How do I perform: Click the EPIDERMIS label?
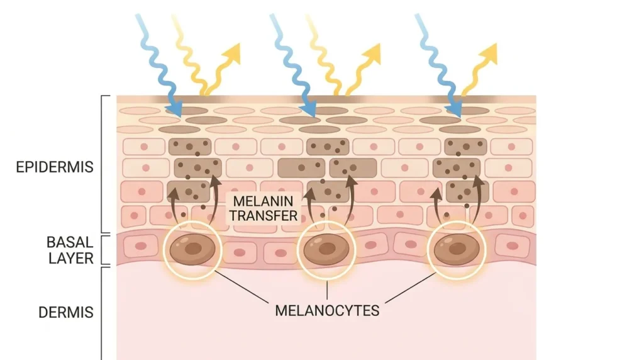point(55,167)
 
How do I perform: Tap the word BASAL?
point(70,242)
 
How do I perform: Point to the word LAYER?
point(71,258)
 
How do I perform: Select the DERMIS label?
point(65,312)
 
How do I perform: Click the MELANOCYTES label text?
point(327,311)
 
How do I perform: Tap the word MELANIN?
point(263,201)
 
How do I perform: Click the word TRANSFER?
point(264,215)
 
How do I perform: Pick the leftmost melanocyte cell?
point(192,249)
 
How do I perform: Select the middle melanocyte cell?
point(326,249)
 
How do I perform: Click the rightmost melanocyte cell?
point(457,249)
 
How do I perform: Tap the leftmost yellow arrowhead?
point(231,53)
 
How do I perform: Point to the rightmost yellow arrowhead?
point(489,53)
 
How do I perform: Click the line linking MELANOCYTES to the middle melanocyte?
point(327,290)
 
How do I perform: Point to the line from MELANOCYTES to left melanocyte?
point(241,287)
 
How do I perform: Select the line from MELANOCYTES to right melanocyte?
point(410,288)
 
